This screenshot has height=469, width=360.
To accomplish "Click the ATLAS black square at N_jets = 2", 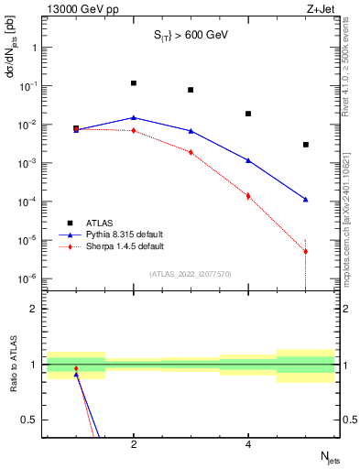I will (134, 83).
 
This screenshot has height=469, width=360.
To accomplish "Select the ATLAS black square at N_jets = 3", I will (191, 90).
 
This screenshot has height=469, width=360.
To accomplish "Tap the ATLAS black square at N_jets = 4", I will (248, 114).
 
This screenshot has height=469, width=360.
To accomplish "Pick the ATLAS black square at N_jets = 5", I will (306, 145).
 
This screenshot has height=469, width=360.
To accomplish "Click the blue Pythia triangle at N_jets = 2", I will (134, 117).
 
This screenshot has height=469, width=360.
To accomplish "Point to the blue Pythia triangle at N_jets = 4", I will (248, 160).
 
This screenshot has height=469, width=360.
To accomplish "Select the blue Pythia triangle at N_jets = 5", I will (306, 199).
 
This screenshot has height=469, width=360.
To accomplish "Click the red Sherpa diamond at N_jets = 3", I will (191, 152).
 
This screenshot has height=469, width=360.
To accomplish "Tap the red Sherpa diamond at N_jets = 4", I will (248, 196).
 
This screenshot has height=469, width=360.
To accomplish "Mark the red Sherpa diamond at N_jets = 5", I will (306, 251).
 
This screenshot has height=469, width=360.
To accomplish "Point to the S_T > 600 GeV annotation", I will (191, 35).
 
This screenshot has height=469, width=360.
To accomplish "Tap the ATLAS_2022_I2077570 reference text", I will (191, 274).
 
